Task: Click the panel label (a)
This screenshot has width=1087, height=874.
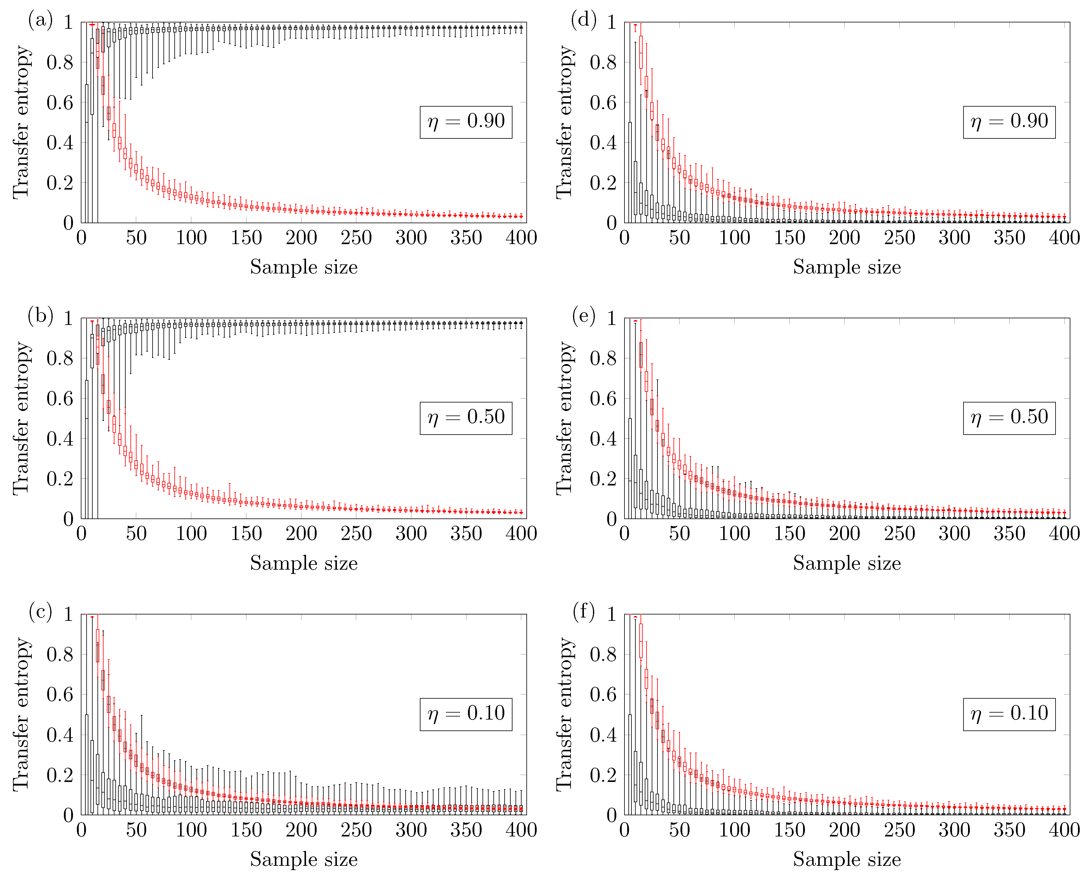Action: click(x=40, y=20)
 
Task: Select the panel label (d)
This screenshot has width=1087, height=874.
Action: click(x=583, y=20)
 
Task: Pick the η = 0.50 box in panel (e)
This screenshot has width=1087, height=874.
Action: click(x=1009, y=418)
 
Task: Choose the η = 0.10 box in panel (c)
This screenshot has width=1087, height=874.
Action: click(x=466, y=714)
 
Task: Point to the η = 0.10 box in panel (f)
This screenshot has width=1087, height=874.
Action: click(x=1009, y=714)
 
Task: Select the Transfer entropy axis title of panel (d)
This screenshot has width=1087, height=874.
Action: click(x=565, y=122)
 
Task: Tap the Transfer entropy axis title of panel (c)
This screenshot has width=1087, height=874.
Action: click(x=22, y=714)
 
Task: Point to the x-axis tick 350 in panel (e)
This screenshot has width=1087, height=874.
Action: click(x=1009, y=534)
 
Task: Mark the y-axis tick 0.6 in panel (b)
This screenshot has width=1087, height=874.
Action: click(x=60, y=399)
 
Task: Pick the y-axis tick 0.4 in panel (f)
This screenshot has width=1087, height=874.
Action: click(x=603, y=735)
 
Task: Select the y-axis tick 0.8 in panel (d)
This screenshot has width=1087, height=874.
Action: click(x=603, y=62)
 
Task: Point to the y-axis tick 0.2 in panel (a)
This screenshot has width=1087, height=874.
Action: click(x=60, y=183)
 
